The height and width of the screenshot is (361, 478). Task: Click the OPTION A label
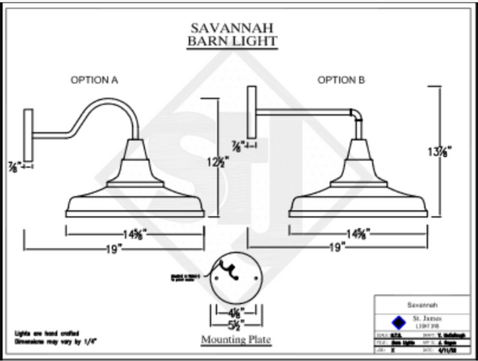pyautogui.click(x=95, y=80)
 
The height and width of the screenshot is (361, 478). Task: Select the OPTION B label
pyautogui.click(x=341, y=80)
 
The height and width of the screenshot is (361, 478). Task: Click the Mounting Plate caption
pyautogui.click(x=235, y=340)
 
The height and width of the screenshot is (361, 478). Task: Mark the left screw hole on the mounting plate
pyautogui.click(x=216, y=277)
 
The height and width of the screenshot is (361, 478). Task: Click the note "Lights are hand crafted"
pyautogui.click(x=45, y=332)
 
